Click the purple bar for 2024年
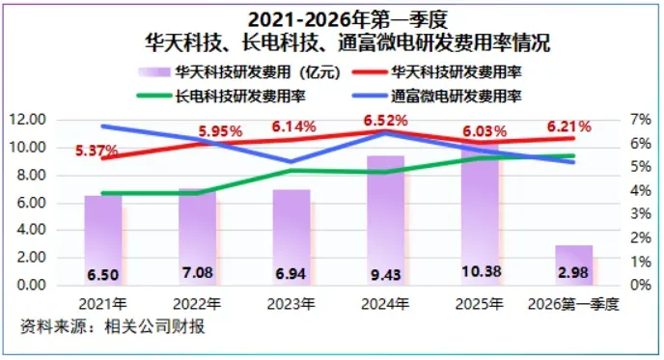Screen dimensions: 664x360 (x=385, y=220)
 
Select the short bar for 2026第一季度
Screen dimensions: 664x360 (x=574, y=265)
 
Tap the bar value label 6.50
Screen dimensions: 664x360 (x=103, y=275)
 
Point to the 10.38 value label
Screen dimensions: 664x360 (x=481, y=271)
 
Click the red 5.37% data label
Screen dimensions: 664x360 (x=97, y=151)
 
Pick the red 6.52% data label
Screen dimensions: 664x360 (x=385, y=121)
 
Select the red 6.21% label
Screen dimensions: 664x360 (x=568, y=126)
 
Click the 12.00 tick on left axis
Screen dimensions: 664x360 (x=28, y=120)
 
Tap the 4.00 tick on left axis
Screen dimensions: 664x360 (x=31, y=230)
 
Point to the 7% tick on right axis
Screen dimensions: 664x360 (x=641, y=120)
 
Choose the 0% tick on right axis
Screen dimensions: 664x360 (x=641, y=285)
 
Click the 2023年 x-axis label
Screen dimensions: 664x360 (x=290, y=304)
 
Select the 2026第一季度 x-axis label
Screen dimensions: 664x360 (x=573, y=304)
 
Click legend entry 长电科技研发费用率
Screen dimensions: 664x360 (x=240, y=97)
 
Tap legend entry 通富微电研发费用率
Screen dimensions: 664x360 (x=456, y=97)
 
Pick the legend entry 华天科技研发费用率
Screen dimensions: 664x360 (x=456, y=72)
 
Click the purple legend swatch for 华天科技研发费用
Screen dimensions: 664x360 (x=154, y=72)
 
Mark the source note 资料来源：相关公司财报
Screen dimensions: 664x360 (x=113, y=326)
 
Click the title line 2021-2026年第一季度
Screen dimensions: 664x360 (x=347, y=19)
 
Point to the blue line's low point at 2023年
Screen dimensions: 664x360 (x=290, y=162)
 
